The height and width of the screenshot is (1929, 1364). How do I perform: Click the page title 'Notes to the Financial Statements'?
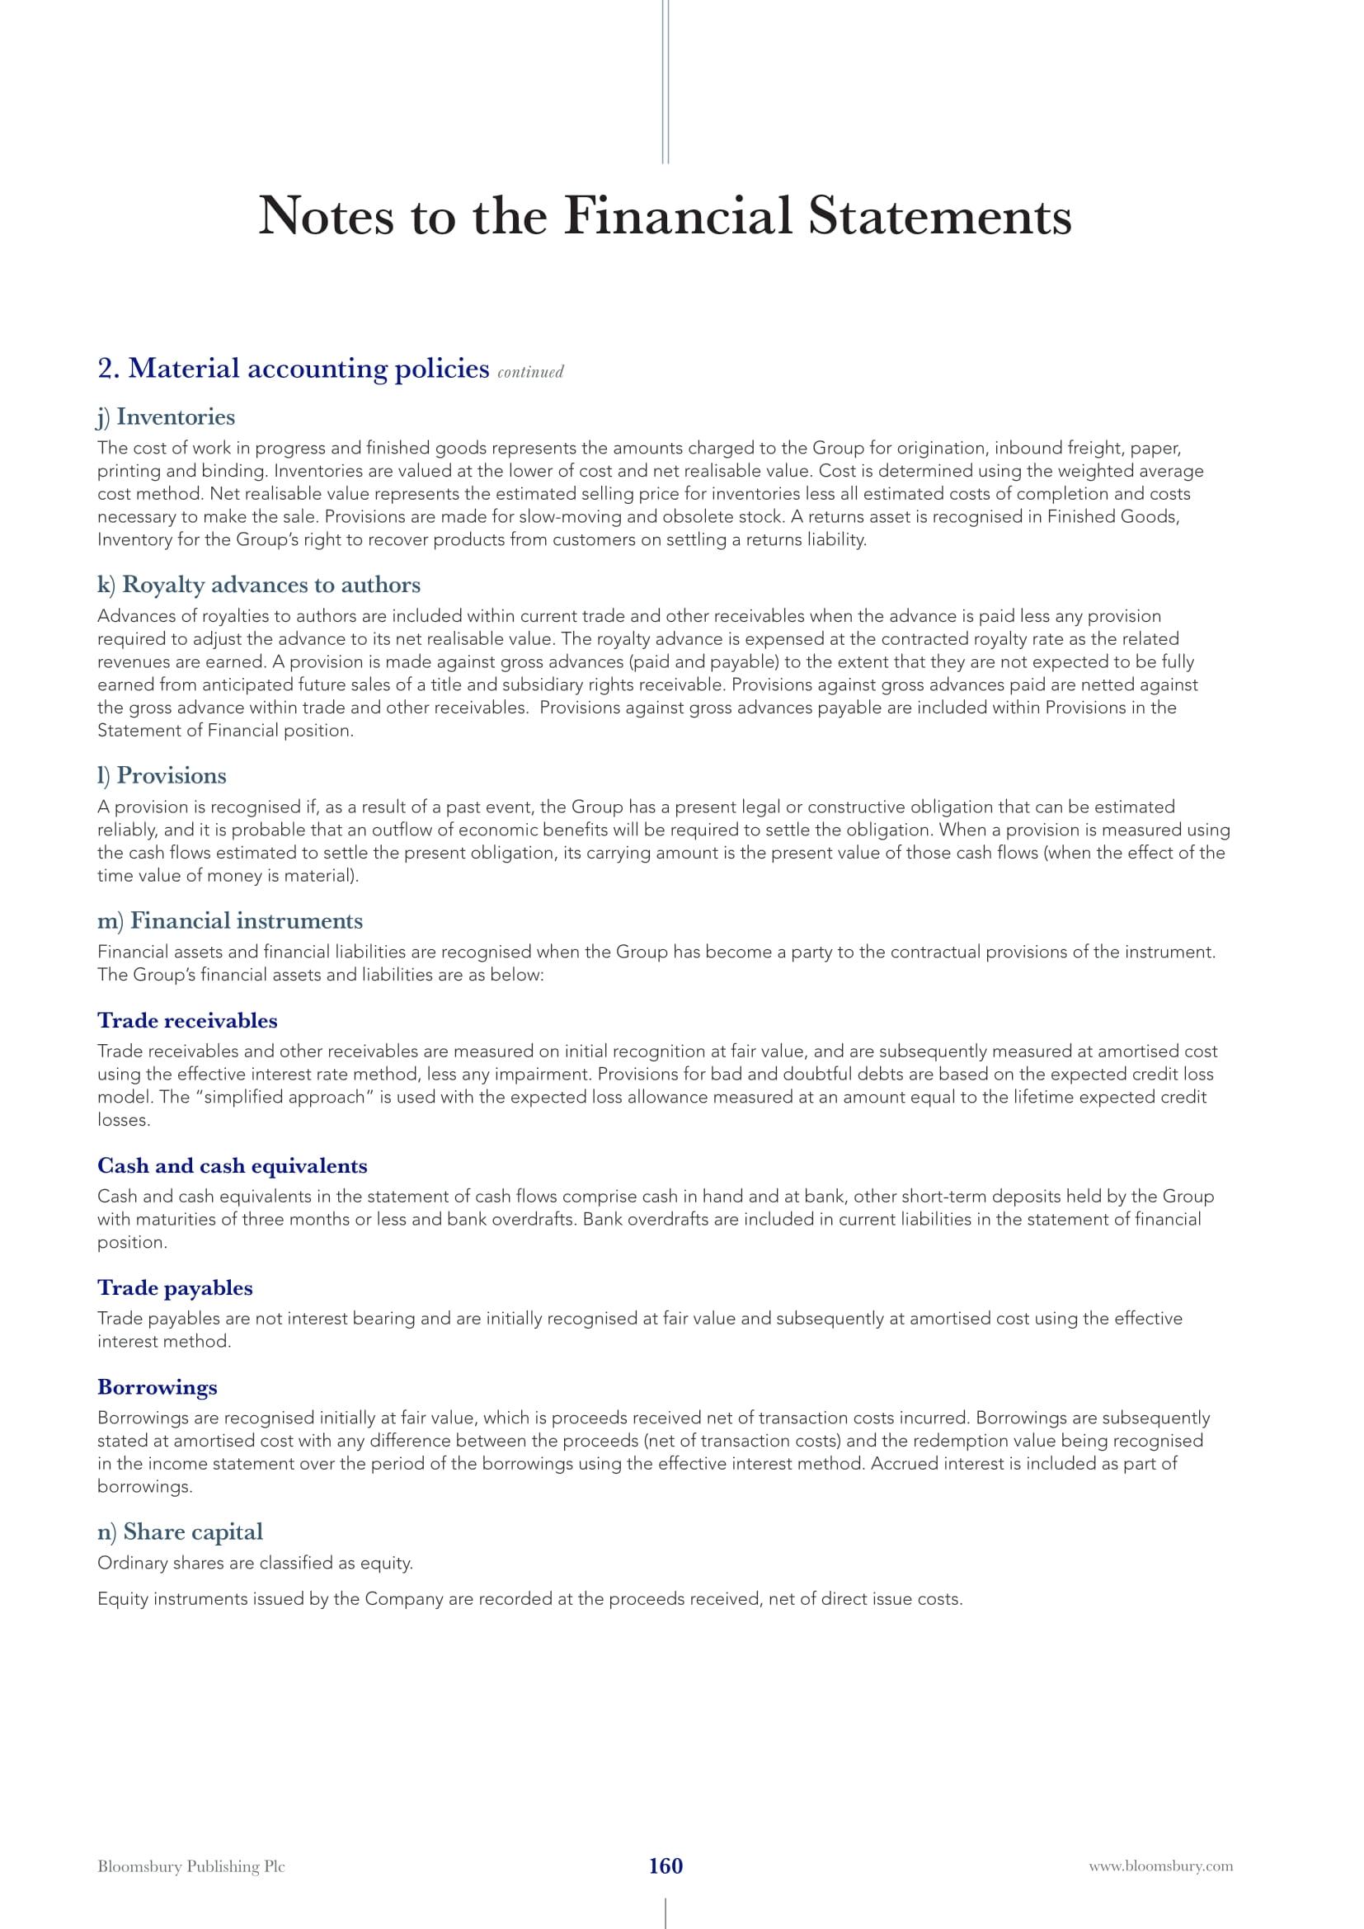(665, 216)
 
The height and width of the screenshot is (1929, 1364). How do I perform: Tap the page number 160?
(666, 1865)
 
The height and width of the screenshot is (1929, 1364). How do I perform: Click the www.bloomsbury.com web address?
(1161, 1865)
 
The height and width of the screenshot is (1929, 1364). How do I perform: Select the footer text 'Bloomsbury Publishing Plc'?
(190, 1866)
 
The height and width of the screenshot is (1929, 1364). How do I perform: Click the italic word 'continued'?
(530, 372)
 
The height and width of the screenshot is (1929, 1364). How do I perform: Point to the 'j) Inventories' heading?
(167, 416)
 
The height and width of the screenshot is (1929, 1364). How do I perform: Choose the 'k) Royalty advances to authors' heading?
(259, 585)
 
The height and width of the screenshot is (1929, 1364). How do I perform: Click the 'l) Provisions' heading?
(162, 775)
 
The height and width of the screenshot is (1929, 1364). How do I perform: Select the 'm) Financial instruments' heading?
(230, 921)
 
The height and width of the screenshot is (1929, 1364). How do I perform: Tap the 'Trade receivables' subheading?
(187, 1021)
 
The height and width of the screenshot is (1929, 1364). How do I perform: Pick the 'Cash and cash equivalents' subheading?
(232, 1166)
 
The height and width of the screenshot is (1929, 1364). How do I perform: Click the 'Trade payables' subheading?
(175, 1288)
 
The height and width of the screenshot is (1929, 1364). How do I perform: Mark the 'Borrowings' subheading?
(157, 1387)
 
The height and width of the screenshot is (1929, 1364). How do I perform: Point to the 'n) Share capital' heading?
(180, 1532)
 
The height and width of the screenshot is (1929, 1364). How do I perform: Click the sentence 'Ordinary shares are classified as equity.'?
(256, 1564)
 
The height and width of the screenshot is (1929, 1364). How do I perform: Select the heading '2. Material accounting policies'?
(293, 369)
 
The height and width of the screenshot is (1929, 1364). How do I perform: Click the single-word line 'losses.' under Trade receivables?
(124, 1120)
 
